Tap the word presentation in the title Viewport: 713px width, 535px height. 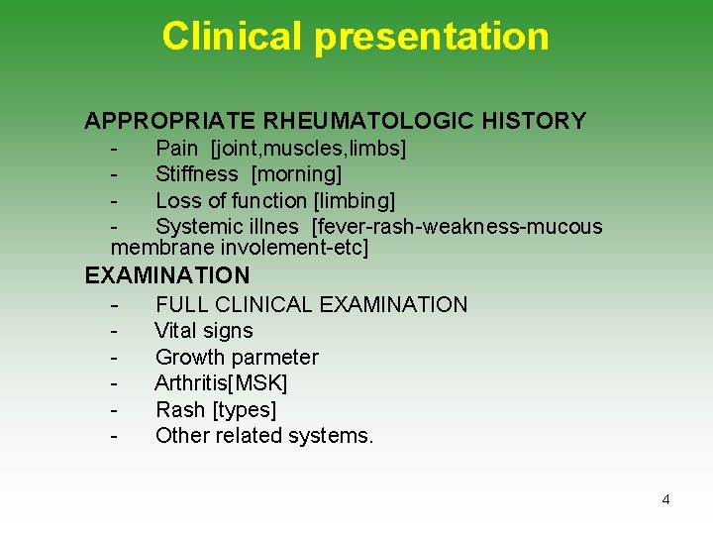(x=432, y=37)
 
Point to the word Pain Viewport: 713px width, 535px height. (x=177, y=149)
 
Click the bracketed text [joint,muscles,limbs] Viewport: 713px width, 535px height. (x=308, y=149)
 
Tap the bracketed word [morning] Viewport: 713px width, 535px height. (x=297, y=174)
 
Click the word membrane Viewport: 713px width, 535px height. (x=162, y=248)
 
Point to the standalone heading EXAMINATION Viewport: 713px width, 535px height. (x=167, y=275)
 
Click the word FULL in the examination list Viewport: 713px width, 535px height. (x=178, y=305)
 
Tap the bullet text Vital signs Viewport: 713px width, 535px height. (x=204, y=331)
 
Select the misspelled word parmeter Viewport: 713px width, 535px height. (x=273, y=358)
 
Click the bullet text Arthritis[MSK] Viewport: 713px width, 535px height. (x=221, y=383)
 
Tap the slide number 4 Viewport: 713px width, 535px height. (x=665, y=499)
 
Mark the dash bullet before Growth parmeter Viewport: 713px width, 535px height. (x=116, y=358)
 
